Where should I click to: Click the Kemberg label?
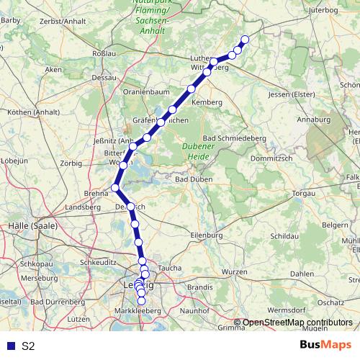(207, 104)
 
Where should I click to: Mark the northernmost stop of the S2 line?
(244, 40)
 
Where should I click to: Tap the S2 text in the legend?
(28, 346)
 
